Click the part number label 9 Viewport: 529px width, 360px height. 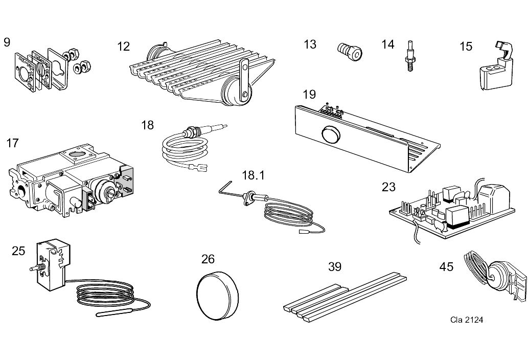tap(7, 42)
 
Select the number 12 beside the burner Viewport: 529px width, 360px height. tap(123, 47)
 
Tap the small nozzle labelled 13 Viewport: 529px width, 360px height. tap(349, 50)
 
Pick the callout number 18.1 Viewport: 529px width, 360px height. tap(253, 175)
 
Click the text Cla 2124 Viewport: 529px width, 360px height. tap(466, 320)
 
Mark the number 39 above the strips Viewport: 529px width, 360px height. tap(335, 266)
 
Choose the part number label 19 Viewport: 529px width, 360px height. tap(309, 95)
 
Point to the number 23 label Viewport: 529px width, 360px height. tap(388, 187)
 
